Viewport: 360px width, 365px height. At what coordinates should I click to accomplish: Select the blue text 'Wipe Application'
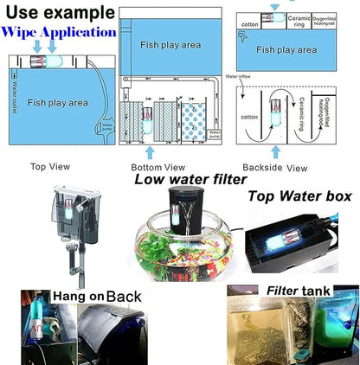58,33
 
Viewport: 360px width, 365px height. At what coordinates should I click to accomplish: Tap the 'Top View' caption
50,167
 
